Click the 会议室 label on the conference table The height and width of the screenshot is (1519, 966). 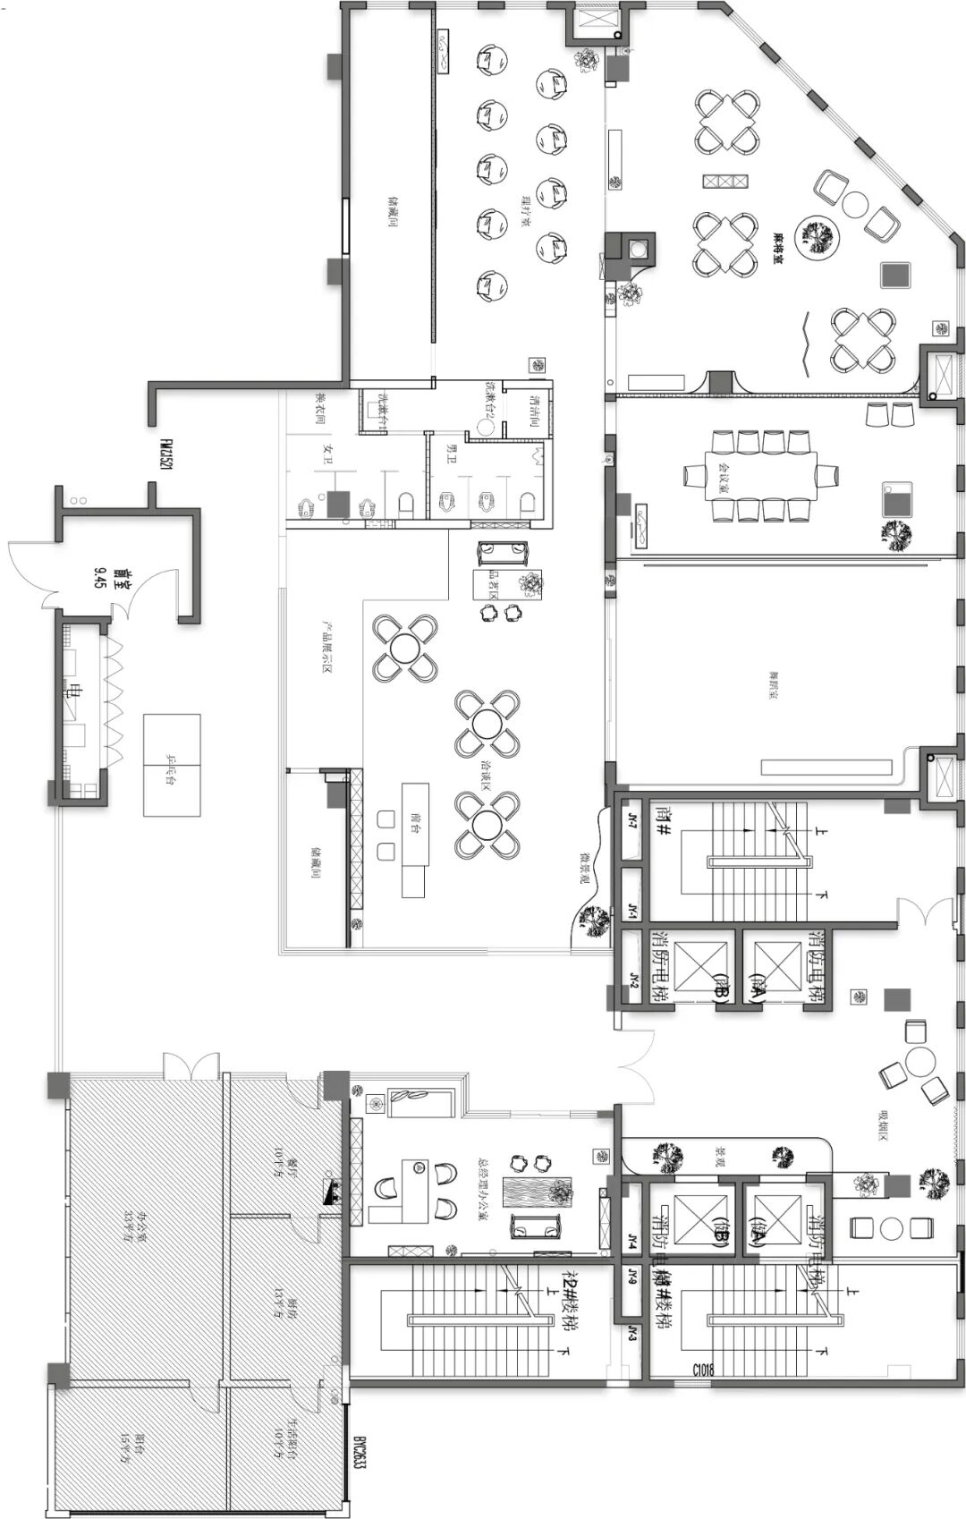pos(762,462)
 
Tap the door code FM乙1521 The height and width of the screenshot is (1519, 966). pos(166,454)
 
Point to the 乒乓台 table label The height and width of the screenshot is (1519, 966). pos(171,765)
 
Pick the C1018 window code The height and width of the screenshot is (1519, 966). pos(702,1370)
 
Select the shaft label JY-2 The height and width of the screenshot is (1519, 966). pos(631,980)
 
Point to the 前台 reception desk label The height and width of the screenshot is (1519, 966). pos(414,823)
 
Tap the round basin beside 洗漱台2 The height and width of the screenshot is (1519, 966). pos(487,427)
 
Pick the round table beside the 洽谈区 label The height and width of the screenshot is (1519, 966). pos(486,724)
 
